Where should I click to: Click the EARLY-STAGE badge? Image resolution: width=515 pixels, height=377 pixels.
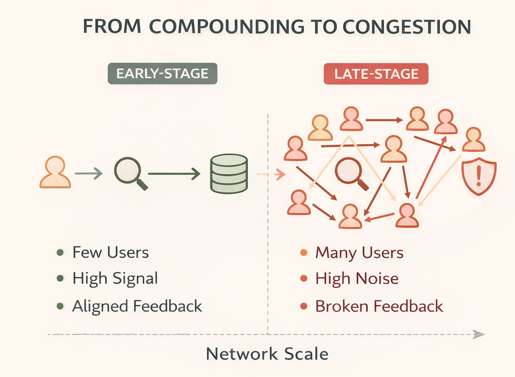click(x=162, y=74)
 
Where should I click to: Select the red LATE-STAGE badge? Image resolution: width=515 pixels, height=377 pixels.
click(x=376, y=74)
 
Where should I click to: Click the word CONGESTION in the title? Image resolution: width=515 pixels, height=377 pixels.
click(x=407, y=27)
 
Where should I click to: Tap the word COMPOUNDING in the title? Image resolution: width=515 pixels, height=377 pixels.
click(x=226, y=27)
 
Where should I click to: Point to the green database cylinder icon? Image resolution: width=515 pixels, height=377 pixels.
click(x=229, y=174)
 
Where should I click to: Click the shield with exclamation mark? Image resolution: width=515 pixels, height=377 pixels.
click(x=479, y=176)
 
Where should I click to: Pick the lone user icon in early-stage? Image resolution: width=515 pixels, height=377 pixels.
click(x=55, y=172)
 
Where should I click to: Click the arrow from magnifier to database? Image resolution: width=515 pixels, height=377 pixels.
click(x=174, y=174)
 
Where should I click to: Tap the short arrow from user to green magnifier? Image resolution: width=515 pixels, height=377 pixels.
click(x=88, y=173)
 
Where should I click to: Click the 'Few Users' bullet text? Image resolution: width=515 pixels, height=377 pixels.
click(x=110, y=253)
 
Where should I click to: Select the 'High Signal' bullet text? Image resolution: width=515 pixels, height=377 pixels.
click(x=115, y=279)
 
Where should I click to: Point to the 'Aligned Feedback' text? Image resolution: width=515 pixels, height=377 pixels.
click(x=137, y=306)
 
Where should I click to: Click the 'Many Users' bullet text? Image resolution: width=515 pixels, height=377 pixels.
click(x=359, y=253)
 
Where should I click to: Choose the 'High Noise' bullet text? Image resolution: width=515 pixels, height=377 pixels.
click(x=357, y=279)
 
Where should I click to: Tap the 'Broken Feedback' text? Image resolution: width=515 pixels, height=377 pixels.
click(x=379, y=306)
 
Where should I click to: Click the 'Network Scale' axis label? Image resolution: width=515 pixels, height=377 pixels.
click(x=267, y=354)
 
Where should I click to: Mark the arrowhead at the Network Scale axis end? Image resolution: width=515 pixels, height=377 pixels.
click(x=479, y=335)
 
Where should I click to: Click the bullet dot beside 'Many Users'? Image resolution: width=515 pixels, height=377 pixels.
click(x=303, y=253)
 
